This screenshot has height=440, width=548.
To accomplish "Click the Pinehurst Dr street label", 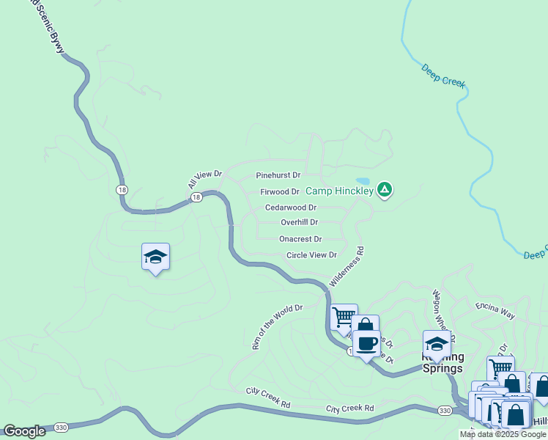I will [x=278, y=176].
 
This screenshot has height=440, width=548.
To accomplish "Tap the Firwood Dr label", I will [x=280, y=192].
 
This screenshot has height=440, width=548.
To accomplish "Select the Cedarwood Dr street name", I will [x=290, y=208].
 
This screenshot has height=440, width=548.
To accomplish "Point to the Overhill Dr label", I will [x=299, y=222].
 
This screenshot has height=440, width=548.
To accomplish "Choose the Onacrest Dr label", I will [x=300, y=239].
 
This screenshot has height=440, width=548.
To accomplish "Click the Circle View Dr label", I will [x=311, y=255].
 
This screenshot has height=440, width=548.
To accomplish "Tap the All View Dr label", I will [x=204, y=179].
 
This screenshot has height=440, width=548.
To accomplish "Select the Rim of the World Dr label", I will [x=277, y=327].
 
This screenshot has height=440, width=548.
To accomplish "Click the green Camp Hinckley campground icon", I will [x=385, y=191].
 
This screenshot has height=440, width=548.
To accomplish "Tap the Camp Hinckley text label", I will [x=339, y=191].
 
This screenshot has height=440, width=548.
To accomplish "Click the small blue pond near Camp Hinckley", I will [x=363, y=181].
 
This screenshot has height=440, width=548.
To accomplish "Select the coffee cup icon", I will [x=366, y=343].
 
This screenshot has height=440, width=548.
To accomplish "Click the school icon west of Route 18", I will [x=155, y=257].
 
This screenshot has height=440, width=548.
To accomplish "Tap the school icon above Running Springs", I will [x=437, y=343].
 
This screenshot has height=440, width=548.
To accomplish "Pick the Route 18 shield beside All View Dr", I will [x=196, y=198].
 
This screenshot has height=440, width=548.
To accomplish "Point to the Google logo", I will [x=25, y=431].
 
